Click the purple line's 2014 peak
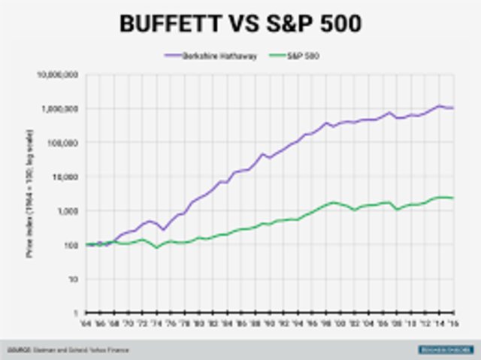pyautogui.click(x=440, y=106)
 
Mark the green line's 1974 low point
pyautogui.click(x=157, y=247)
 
